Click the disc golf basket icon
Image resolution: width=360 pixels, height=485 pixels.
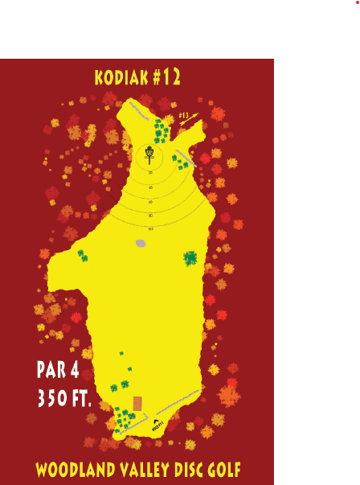(x=149, y=152)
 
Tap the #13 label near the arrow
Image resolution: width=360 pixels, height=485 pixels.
(x=184, y=116)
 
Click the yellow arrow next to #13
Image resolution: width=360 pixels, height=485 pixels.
(x=190, y=119)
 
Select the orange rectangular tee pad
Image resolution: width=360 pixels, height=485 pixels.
(x=137, y=403)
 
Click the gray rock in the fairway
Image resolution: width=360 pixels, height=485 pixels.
(x=141, y=243)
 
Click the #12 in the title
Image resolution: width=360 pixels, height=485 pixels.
(x=166, y=77)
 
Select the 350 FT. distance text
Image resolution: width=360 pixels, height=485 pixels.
(x=64, y=398)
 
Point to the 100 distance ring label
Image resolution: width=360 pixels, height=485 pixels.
(x=150, y=229)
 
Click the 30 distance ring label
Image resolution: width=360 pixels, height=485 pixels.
(x=150, y=172)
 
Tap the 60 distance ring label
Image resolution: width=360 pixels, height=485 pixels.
(x=150, y=201)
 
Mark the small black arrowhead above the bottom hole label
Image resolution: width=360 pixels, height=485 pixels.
(x=156, y=421)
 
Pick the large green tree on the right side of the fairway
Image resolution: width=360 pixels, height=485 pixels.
(x=190, y=258)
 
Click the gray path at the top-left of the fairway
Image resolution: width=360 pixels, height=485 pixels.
(x=138, y=110)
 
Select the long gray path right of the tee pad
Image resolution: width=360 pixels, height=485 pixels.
(x=178, y=401)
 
